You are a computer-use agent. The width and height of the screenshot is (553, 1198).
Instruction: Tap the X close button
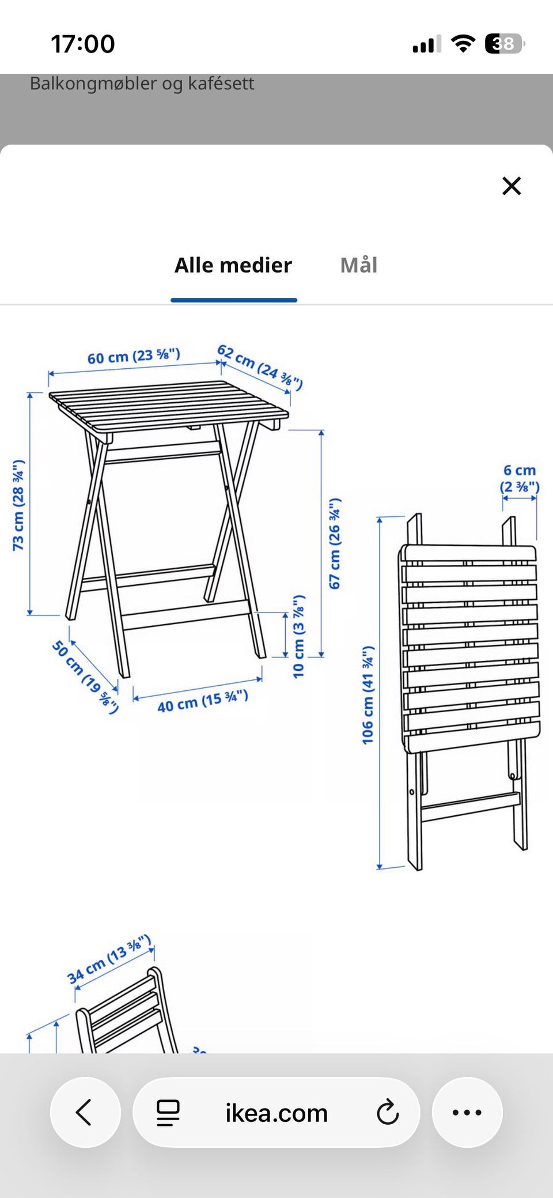512,186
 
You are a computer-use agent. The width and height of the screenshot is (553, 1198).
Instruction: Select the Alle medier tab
233,265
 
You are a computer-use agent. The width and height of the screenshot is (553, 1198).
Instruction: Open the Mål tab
359,265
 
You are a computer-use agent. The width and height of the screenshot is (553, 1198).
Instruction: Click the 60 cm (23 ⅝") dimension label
134,356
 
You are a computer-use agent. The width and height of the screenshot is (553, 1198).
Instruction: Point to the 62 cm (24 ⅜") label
260,368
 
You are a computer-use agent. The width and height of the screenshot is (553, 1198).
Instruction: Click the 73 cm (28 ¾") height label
18,505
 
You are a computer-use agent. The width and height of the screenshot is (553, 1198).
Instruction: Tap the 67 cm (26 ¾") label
335,543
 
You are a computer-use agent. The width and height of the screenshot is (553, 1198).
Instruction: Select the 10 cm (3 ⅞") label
298,636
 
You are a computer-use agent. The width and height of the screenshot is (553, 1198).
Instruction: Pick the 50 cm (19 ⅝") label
85,677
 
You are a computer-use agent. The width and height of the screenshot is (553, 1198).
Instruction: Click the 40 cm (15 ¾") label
203,701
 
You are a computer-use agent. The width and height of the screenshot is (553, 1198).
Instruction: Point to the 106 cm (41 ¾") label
368,695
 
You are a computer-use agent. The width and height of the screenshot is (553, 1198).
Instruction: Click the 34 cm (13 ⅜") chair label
109,959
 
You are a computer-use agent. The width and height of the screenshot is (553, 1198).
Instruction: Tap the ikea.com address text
276,1113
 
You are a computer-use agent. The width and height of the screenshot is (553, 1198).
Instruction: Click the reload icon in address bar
388,1112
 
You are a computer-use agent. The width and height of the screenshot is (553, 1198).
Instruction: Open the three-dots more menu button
467,1112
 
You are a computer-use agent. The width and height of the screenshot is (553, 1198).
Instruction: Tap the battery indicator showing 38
505,44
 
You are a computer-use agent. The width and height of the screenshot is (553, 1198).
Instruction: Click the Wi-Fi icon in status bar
463,43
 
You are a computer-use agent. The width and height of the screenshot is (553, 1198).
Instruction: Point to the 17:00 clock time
83,44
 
